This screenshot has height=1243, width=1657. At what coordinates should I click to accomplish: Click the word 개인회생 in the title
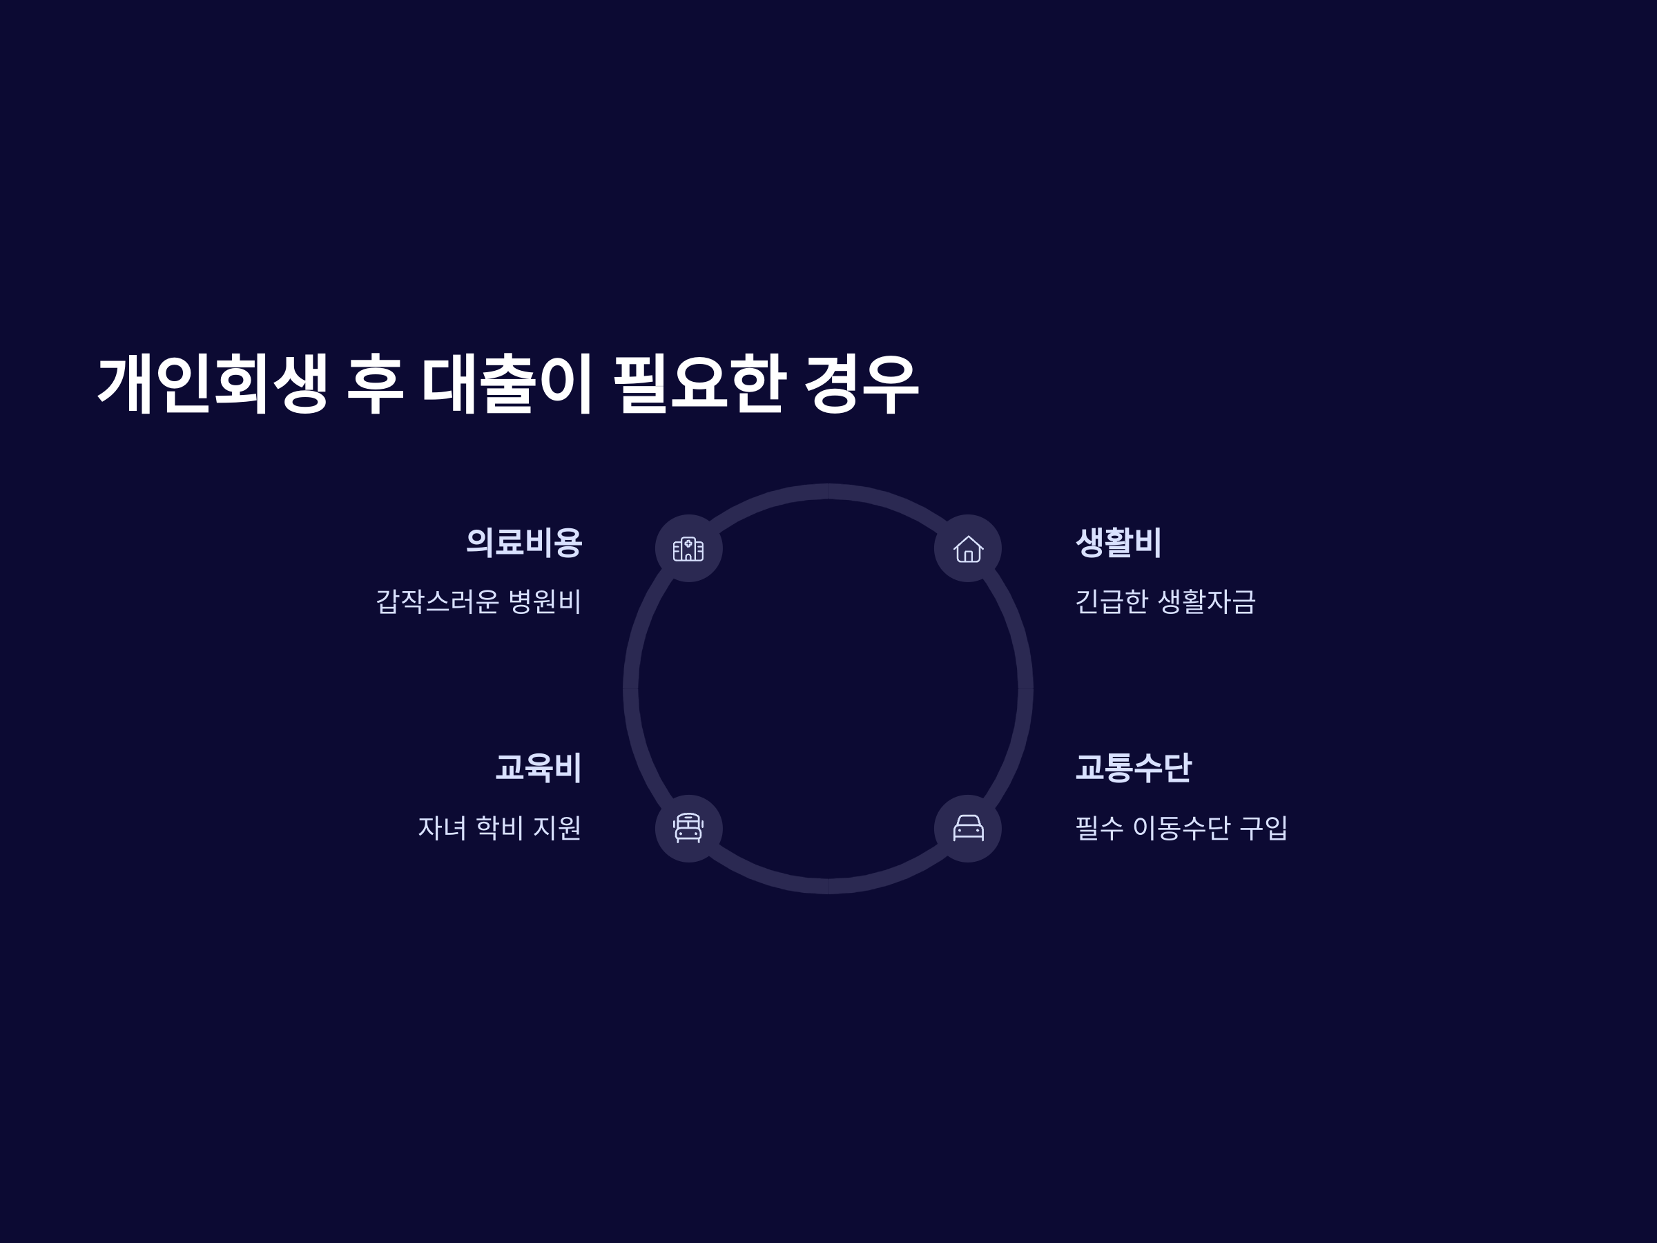coord(213,385)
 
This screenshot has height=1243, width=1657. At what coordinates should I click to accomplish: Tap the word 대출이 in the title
coord(507,385)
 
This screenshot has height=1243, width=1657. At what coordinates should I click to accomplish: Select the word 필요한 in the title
coord(699,385)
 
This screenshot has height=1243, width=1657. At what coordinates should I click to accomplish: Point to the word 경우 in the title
coord(861,385)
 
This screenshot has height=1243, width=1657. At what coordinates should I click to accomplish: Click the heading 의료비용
coord(523,543)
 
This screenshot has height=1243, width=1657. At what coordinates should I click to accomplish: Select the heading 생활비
coord(1118,543)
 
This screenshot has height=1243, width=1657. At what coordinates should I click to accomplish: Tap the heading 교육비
coord(538,768)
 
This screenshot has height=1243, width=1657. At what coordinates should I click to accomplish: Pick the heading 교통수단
coord(1133,768)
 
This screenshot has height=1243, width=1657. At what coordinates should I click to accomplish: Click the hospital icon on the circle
coord(688,548)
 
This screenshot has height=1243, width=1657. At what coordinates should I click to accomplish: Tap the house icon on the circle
coord(968,548)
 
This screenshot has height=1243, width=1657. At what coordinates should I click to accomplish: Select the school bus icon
coord(688,829)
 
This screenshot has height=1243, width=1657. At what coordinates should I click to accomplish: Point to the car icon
coord(968,829)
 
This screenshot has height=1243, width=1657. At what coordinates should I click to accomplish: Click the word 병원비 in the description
coord(545,601)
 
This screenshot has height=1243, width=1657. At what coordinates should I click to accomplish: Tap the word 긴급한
coord(1112,601)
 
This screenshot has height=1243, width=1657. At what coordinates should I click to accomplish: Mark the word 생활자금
coord(1206,601)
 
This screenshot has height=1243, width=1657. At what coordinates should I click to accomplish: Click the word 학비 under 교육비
coord(500,828)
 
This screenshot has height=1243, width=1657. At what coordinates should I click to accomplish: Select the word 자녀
coord(442,828)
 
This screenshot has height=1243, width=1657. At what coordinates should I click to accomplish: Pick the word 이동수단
coord(1181,828)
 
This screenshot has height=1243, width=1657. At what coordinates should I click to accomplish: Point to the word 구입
coord(1263,828)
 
